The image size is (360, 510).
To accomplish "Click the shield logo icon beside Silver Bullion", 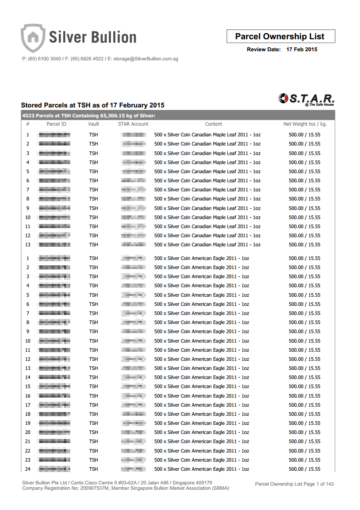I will pyautogui.click(x=32, y=38).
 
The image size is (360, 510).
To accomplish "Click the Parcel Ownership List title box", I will pyautogui.click(x=281, y=36).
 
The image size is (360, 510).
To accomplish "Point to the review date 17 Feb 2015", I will pyautogui.click(x=302, y=50).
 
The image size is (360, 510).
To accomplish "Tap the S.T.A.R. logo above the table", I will pyautogui.click(x=307, y=99).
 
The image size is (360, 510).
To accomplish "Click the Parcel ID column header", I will pyautogui.click(x=56, y=124).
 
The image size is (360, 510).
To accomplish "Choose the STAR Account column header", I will pyautogui.click(x=133, y=124).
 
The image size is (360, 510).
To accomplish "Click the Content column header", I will pyautogui.click(x=214, y=124).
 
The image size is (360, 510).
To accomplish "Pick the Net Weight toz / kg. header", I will pyautogui.click(x=305, y=124).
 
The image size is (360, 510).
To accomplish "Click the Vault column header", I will pyautogui.click(x=93, y=124).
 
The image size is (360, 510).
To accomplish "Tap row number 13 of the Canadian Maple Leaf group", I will pyautogui.click(x=28, y=245).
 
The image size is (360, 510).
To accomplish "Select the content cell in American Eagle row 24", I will pyautogui.click(x=202, y=469).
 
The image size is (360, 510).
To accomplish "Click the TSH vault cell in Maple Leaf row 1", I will pyautogui.click(x=93, y=135).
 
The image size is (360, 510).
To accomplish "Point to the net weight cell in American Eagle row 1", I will pyautogui.click(x=305, y=258).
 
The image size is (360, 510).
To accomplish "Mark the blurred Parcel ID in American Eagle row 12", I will pyautogui.click(x=54, y=359).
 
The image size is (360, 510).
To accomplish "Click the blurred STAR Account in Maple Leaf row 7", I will pyautogui.click(x=134, y=190).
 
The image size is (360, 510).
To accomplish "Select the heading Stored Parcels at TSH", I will pyautogui.click(x=93, y=105).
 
